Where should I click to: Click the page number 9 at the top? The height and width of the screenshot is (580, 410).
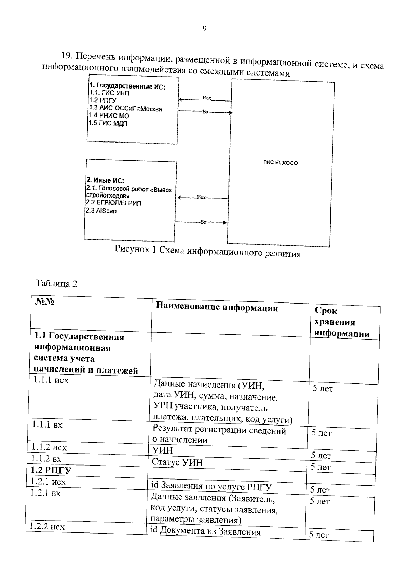(x=204, y=29)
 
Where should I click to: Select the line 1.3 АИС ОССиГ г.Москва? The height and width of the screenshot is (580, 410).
(x=125, y=109)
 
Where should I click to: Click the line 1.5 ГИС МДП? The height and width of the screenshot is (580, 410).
(x=108, y=123)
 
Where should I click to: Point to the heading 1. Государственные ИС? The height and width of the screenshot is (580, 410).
(x=127, y=86)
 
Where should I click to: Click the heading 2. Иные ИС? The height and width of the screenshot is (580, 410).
(x=105, y=180)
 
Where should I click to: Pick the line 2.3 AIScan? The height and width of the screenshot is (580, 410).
(x=101, y=211)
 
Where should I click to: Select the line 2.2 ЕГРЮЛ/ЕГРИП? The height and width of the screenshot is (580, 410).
(x=113, y=203)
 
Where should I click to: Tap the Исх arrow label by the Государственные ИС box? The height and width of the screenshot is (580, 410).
(x=206, y=98)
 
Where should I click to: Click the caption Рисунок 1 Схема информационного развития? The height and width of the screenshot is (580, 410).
(x=207, y=252)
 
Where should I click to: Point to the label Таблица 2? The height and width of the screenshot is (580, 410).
(x=56, y=283)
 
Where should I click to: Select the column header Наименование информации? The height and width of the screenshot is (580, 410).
(x=217, y=308)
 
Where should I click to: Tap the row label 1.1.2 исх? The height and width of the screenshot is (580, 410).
(x=49, y=447)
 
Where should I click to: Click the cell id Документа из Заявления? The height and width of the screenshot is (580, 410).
(x=205, y=531)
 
